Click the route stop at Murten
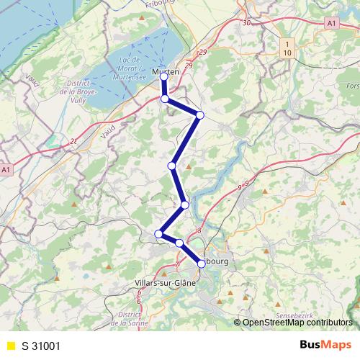[x=163, y=75]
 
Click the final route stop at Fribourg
[x=202, y=264]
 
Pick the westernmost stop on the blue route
[x=159, y=233]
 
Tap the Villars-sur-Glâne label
[x=165, y=284]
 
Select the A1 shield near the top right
[x=332, y=24]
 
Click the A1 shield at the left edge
[x=6, y=169]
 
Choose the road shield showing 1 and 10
[x=287, y=49]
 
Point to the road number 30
[x=247, y=23]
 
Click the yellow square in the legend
[x=11, y=345]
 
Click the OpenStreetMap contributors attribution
[x=297, y=323]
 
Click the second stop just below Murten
[x=165, y=99]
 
